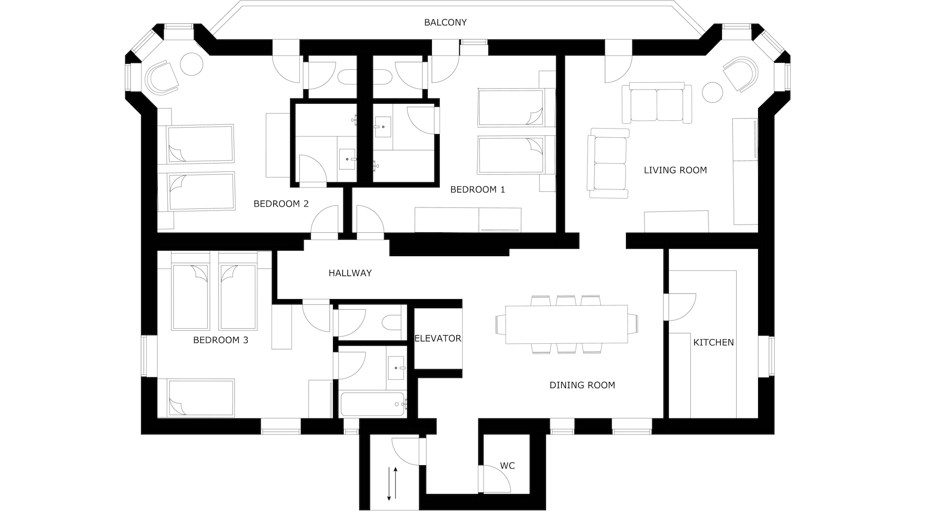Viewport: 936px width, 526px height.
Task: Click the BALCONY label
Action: (x=445, y=22)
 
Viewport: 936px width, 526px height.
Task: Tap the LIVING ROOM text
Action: (x=675, y=170)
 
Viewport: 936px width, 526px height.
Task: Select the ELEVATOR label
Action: (x=438, y=338)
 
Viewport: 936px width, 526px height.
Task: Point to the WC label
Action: (x=507, y=466)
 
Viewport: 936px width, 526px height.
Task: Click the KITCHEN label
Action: (x=713, y=342)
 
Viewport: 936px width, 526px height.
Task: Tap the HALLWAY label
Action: (x=350, y=273)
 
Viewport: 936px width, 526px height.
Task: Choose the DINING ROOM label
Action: (x=582, y=385)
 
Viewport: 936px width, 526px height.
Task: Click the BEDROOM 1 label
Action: (x=477, y=189)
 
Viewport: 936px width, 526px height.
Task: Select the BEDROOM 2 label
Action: (x=281, y=204)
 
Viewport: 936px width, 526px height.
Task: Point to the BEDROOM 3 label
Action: (x=220, y=340)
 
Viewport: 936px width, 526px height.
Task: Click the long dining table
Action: (x=566, y=324)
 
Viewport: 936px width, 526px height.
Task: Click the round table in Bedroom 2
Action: (x=192, y=64)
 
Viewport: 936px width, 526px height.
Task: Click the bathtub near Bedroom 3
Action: (x=373, y=404)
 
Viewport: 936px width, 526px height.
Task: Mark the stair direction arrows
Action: (x=392, y=484)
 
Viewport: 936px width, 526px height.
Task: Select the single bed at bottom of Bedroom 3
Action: (x=201, y=398)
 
